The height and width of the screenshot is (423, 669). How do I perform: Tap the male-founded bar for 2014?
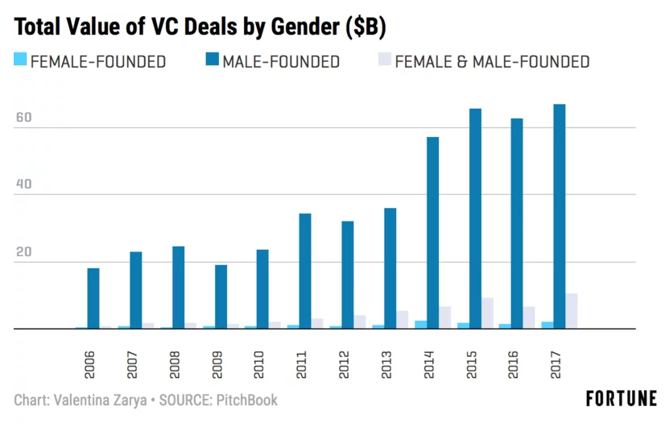432,233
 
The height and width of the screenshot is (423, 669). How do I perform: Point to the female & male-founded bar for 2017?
572,311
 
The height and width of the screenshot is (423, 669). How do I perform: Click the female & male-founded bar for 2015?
487,313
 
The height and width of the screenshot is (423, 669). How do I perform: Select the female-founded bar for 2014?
420,325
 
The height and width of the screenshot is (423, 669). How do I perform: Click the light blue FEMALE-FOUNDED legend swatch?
21,60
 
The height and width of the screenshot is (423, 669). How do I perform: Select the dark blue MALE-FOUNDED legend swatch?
213,60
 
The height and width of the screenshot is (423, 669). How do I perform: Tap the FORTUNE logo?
621,398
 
